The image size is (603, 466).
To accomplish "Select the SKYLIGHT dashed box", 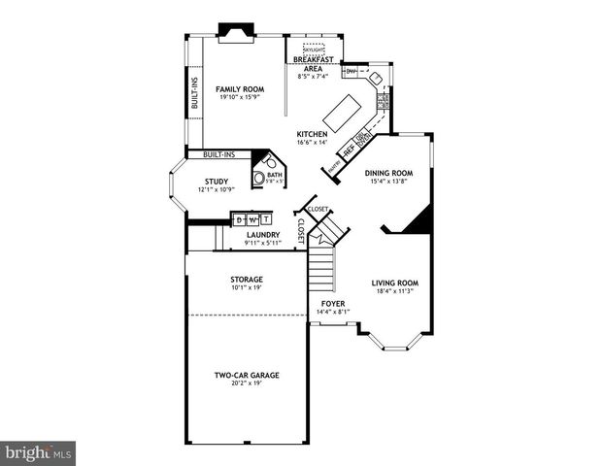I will click(314, 50).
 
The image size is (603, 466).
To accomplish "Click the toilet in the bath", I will click(259, 177).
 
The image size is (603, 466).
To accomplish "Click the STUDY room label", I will click(216, 181).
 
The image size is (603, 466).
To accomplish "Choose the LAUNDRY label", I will click(263, 234).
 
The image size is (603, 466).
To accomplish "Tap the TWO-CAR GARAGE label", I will click(247, 375).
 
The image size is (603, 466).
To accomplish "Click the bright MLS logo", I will click(38, 453).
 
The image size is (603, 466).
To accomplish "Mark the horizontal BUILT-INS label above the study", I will click(218, 154).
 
